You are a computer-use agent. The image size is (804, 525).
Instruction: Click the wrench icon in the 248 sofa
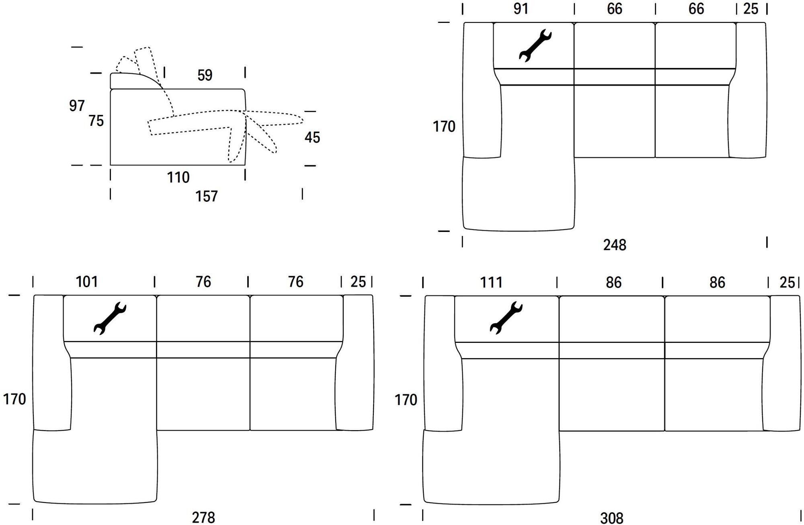pos(535,46)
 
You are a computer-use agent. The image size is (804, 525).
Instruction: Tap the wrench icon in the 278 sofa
pos(110,318)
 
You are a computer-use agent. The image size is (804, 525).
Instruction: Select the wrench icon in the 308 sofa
pos(506,318)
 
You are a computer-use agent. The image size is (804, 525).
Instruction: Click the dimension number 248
pos(614,245)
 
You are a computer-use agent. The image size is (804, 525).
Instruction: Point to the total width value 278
pos(203,517)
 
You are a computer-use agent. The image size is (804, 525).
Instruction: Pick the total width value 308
pos(611,518)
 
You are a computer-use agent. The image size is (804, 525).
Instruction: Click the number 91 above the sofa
pos(521,9)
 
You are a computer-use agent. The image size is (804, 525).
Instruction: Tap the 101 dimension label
pos(87,282)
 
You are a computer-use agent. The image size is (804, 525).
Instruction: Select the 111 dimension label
pos(491,283)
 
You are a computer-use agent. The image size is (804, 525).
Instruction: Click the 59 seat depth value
pos(205,75)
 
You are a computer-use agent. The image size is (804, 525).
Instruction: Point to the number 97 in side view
pos(77,106)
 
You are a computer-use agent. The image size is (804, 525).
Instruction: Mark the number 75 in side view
pos(96,121)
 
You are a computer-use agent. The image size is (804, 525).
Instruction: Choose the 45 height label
pos(312,137)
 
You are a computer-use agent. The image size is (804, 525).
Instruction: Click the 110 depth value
pos(178,177)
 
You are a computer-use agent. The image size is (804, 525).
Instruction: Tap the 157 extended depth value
pos(206,196)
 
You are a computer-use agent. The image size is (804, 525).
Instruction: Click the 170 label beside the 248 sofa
pos(444,127)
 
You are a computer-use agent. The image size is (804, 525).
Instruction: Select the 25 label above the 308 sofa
pos(787,283)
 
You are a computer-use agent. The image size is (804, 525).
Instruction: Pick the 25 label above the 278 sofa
pos(358,282)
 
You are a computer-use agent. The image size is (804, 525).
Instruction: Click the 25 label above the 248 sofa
pos(751,9)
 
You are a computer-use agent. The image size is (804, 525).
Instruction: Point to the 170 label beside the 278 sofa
pos(14,399)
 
